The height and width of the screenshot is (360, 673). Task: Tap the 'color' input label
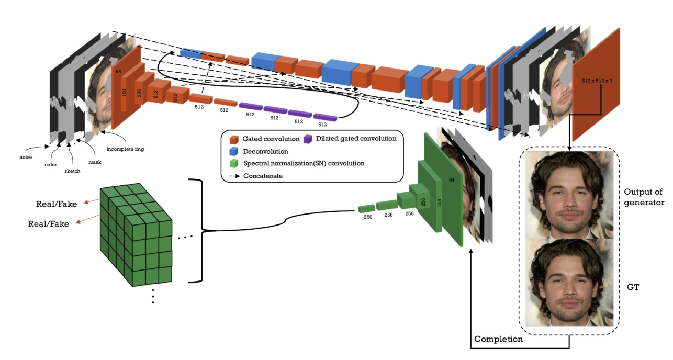(51, 165)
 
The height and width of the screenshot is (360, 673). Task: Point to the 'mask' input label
(94, 162)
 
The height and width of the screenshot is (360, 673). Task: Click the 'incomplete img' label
(126, 149)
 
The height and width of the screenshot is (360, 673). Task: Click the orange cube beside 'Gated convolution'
(234, 140)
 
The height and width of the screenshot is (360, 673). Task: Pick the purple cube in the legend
(308, 139)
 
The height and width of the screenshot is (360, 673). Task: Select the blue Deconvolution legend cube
(234, 151)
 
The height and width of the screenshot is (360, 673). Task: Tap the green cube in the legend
(234, 163)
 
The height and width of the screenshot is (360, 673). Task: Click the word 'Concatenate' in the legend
(263, 176)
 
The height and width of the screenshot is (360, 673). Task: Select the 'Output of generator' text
(645, 197)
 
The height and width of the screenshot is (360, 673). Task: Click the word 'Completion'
(498, 339)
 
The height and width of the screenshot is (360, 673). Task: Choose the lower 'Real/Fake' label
(48, 223)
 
